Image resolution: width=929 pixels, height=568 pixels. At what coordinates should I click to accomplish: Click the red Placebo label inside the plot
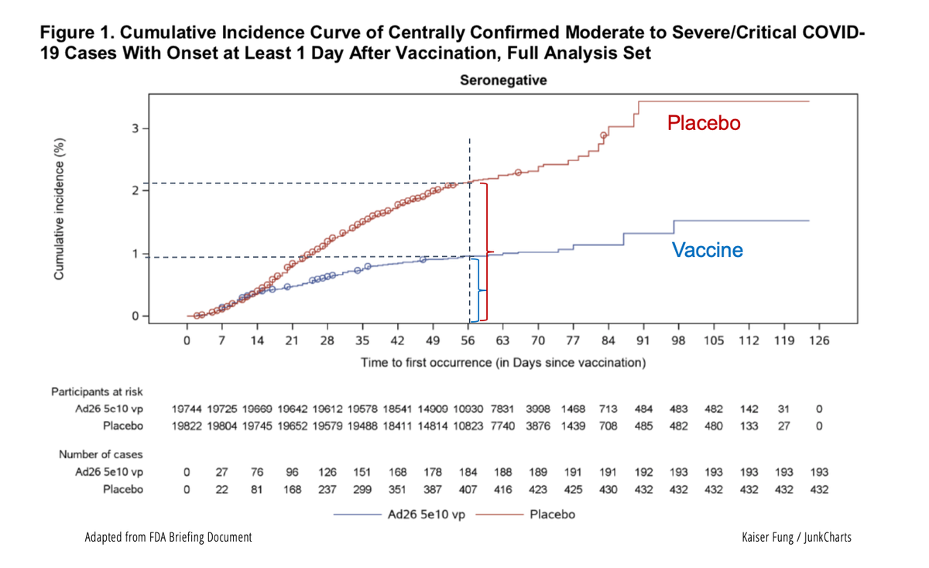click(704, 123)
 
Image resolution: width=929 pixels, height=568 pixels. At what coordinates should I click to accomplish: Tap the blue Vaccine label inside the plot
click(707, 250)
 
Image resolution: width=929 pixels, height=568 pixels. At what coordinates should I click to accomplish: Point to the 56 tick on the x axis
click(468, 340)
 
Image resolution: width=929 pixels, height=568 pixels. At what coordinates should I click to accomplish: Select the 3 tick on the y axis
click(135, 128)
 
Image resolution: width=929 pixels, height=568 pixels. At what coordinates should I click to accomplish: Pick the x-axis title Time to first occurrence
click(502, 362)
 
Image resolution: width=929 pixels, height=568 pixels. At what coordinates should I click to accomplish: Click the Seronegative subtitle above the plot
click(502, 80)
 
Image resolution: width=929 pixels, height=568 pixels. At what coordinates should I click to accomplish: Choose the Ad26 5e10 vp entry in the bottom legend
click(426, 514)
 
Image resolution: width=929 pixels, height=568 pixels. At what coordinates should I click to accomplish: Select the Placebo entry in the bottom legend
click(552, 514)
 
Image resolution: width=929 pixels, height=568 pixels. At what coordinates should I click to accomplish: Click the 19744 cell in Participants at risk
click(187, 409)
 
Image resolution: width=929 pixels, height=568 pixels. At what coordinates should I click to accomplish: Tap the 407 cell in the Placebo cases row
click(468, 489)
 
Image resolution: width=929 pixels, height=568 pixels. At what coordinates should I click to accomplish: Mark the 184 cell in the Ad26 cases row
click(468, 472)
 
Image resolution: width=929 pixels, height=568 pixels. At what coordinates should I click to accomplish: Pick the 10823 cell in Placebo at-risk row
click(468, 426)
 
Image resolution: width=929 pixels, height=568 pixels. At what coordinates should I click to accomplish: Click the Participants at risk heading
click(98, 392)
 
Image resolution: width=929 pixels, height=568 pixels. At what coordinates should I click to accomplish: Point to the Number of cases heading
click(98, 454)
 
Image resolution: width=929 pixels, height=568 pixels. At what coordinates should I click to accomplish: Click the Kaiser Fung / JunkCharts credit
click(796, 536)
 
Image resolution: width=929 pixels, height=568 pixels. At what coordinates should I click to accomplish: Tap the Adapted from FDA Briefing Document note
click(168, 536)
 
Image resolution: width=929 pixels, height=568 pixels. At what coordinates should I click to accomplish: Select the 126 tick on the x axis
click(818, 340)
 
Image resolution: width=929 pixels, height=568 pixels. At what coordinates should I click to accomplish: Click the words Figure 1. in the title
click(77, 35)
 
